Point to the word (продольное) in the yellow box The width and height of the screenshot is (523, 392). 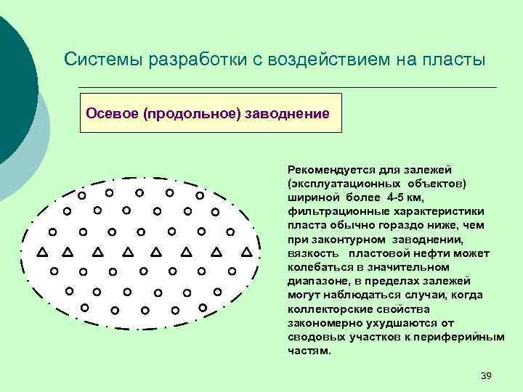(x=187, y=113)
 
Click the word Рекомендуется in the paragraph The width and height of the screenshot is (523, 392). (x=328, y=169)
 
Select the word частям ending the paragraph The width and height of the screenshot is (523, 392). (x=309, y=351)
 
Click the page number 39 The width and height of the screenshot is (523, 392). (x=487, y=375)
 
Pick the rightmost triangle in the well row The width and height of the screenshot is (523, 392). (x=246, y=253)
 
